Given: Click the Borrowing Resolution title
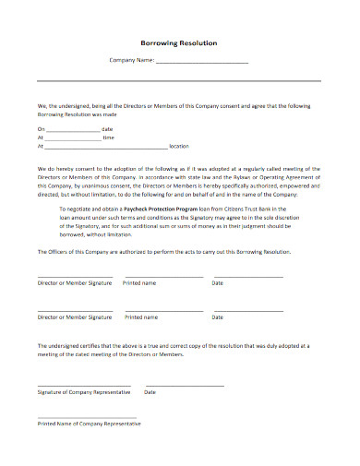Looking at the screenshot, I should tap(179, 43).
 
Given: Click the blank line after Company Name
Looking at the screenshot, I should tap(202, 63).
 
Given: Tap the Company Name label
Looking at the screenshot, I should tap(132, 61).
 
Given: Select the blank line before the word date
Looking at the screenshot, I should tap(73, 129).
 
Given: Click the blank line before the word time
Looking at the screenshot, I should tap(73, 137).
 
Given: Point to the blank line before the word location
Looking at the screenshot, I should tap(105, 147).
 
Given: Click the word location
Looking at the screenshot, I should tap(179, 146).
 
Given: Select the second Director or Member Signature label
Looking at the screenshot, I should tap(74, 317).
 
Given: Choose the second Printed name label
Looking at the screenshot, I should tap(140, 317).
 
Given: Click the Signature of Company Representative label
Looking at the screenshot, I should tap(84, 391).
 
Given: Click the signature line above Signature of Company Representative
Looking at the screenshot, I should tap(84, 384).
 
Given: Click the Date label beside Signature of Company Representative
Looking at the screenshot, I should tap(150, 391).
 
